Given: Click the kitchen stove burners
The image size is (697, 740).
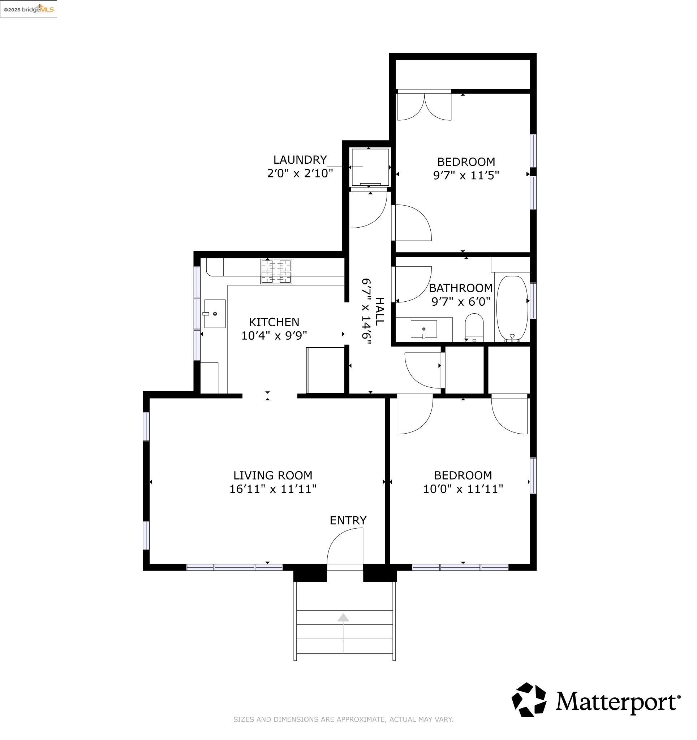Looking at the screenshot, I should tap(276, 272).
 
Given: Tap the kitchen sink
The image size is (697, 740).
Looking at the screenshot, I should tap(215, 314).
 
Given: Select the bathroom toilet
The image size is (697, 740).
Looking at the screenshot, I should tap(474, 326).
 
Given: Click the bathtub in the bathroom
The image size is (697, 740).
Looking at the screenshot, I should tap(512, 308).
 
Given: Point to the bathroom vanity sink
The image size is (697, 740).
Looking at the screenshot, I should tap(424, 329).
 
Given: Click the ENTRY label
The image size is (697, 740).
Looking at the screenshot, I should tap(348, 520).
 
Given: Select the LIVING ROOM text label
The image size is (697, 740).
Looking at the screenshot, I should tap(272, 476).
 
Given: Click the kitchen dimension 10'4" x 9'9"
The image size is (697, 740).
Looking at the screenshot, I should tap(274, 336).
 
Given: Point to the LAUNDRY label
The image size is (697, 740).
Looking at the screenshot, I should tap(300, 160).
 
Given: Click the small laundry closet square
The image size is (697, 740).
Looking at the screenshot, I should tap(370, 167).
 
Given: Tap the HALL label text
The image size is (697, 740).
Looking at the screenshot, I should tap(379, 311).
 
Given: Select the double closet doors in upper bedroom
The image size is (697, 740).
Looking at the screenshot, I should tap(424, 106).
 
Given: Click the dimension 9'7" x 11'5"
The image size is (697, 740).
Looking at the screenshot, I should tap(466, 175).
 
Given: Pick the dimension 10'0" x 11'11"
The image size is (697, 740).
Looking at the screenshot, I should tap(463, 489).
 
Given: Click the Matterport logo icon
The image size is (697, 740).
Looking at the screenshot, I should tap(529, 700).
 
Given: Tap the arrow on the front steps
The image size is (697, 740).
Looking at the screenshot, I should tap(343, 618).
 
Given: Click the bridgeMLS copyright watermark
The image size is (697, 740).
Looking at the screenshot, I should tap(29, 9).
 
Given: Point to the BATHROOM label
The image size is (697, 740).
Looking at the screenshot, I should tap(461, 288).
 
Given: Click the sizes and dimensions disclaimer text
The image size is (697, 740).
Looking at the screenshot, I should tap(343, 719).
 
